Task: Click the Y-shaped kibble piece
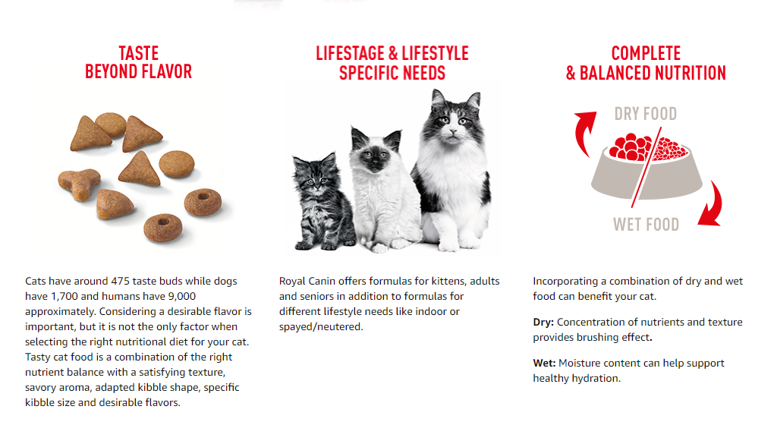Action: point(78,182)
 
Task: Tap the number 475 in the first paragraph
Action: point(121,281)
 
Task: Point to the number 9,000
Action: point(182,296)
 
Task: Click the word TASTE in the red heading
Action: point(139,54)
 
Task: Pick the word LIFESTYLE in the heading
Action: point(435,54)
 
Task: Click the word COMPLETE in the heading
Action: point(646,54)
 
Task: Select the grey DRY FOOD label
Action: point(646,114)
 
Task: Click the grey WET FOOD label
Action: point(646,225)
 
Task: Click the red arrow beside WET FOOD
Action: point(713,206)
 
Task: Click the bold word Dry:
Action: point(543,322)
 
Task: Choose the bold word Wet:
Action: point(544,364)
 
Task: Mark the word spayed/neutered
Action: point(321,327)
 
